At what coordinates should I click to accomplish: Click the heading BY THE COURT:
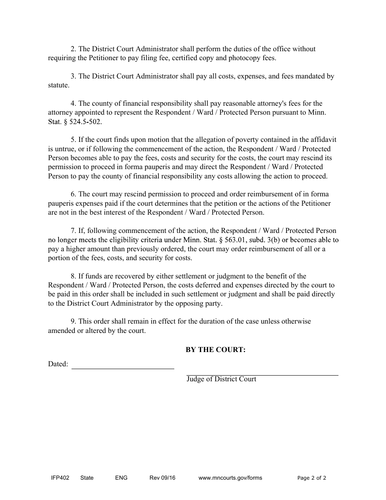pyautogui.click(x=215, y=350)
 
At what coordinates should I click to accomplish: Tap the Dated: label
pyautogui.click(x=58, y=364)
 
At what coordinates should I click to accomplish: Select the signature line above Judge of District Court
pyautogui.click(x=262, y=374)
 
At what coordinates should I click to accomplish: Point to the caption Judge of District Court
pyautogui.click(x=221, y=379)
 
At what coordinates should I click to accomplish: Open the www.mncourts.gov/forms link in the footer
pyautogui.click(x=230, y=478)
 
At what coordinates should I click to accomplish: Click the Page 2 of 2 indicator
pyautogui.click(x=312, y=478)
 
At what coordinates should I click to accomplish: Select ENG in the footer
pyautogui.click(x=121, y=478)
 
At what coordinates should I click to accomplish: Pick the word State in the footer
pyautogui.click(x=87, y=478)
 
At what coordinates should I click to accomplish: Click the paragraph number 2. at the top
pyautogui.click(x=73, y=49)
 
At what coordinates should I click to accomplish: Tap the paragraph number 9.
pyautogui.click(x=73, y=322)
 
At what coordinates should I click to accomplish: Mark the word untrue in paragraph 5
pyautogui.click(x=66, y=149)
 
